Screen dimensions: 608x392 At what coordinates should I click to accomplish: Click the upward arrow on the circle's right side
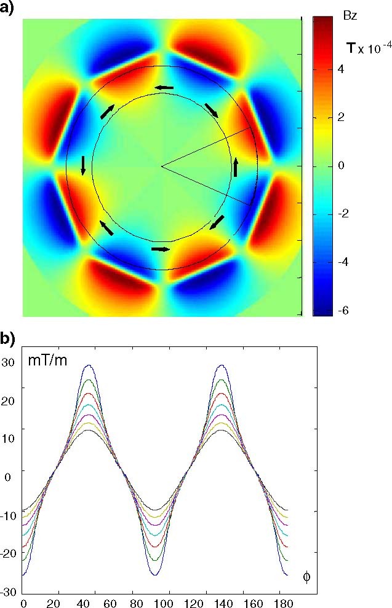pos(236,166)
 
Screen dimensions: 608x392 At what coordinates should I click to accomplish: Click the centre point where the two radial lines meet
pos(161,166)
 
